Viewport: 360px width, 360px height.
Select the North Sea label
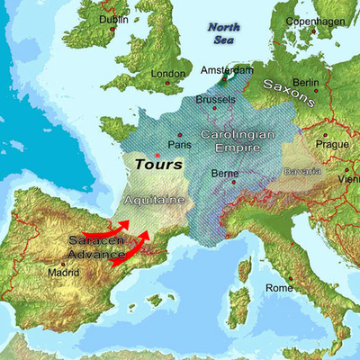(223, 33)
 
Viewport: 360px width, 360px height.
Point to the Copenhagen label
(315, 21)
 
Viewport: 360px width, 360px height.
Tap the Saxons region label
(288, 92)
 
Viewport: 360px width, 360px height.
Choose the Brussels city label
(215, 99)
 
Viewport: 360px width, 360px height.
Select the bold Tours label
(158, 165)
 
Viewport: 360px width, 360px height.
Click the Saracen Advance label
(96, 248)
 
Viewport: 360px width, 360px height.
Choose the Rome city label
(279, 288)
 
